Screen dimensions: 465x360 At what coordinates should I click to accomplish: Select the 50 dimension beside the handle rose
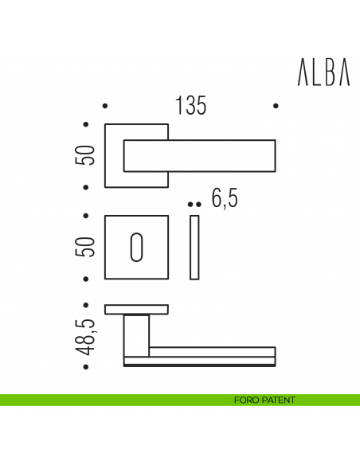pyautogui.click(x=88, y=154)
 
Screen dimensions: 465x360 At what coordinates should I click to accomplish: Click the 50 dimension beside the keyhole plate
pyautogui.click(x=88, y=246)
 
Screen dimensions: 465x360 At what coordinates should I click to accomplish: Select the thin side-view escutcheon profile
pyautogui.click(x=194, y=248)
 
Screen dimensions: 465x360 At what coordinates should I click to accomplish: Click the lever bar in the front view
pyautogui.click(x=215, y=155)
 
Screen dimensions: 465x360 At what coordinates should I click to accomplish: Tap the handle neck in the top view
pyautogui.click(x=137, y=334)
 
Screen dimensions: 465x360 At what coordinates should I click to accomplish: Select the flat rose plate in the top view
pyautogui.click(x=137, y=309)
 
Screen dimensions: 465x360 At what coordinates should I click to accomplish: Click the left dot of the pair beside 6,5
pyautogui.click(x=190, y=205)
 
